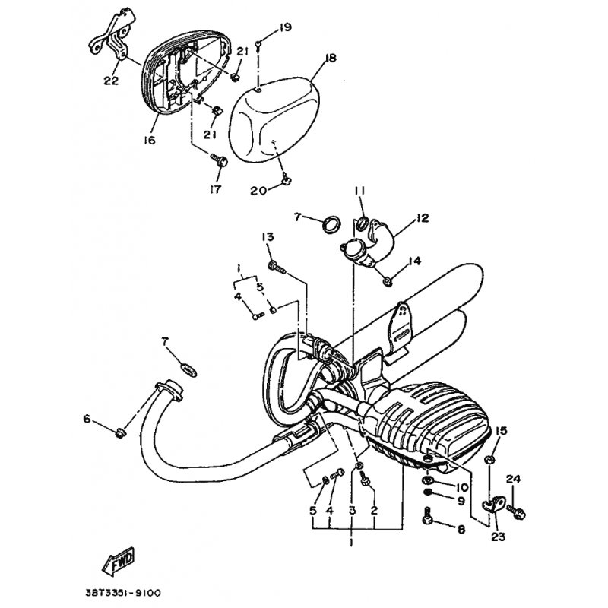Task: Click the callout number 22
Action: point(111,81)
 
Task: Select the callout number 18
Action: point(331,59)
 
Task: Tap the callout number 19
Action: point(285,27)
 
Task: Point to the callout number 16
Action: point(149,140)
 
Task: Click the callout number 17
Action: point(215,189)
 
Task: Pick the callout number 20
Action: point(258,191)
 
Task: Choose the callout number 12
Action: point(423,218)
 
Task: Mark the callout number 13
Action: point(268,236)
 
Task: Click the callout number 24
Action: point(513,480)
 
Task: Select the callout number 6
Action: point(87,419)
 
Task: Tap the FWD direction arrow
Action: point(119,561)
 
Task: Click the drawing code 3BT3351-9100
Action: point(122,593)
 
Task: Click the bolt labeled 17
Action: point(219,160)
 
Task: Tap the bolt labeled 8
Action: point(427,515)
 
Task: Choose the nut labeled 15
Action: point(489,460)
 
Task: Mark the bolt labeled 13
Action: point(276,268)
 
